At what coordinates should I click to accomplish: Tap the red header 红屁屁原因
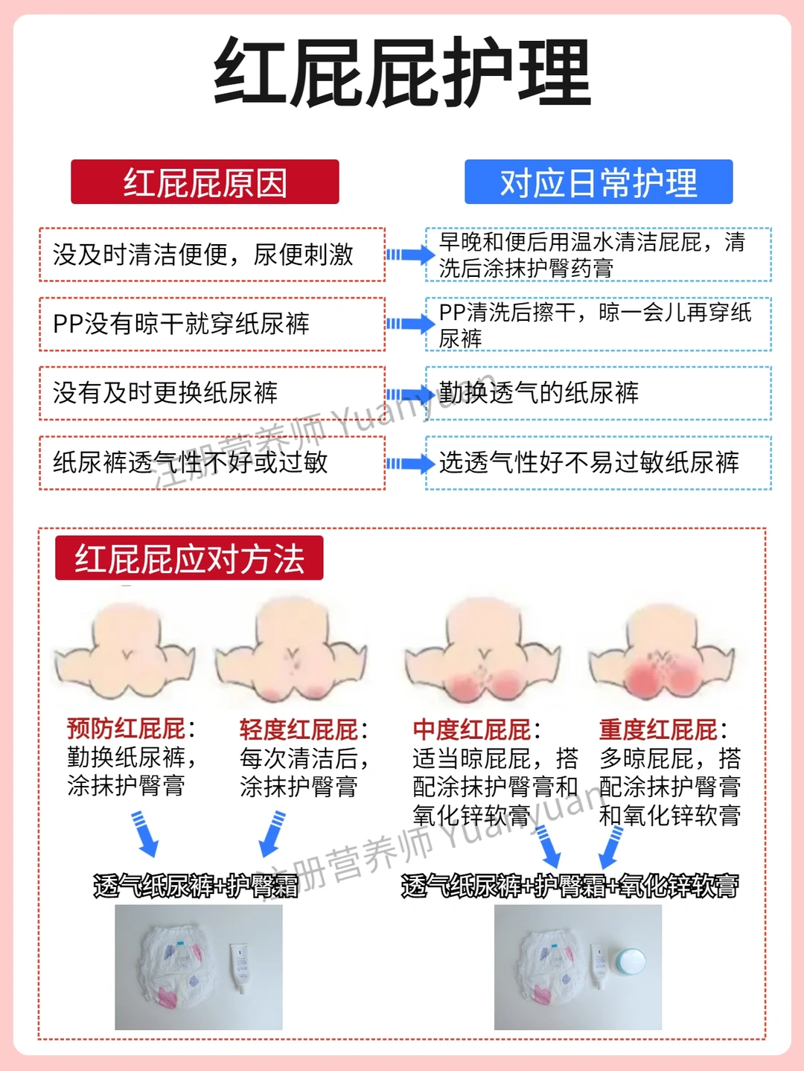[x=205, y=182]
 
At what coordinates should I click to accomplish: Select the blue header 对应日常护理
[x=599, y=182]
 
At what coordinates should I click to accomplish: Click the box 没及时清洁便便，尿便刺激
[x=211, y=255]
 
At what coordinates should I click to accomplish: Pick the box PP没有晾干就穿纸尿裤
[x=211, y=324]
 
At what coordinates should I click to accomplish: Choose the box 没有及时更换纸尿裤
[x=211, y=393]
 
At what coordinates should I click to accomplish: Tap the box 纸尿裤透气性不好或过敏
[x=211, y=462]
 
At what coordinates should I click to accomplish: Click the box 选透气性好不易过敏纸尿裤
[x=598, y=462]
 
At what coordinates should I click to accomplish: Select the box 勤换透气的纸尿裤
[x=598, y=393]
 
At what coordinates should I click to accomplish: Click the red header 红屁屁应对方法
[x=189, y=558]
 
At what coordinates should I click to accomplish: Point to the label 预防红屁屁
[x=127, y=728]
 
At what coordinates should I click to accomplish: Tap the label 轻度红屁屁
[x=299, y=729]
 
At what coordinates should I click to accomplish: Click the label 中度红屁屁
[x=472, y=729]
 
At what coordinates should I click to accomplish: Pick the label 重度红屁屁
[x=659, y=729]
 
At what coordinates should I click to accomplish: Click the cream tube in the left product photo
[x=240, y=968]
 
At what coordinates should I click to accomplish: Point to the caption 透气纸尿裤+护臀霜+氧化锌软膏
[x=569, y=886]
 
